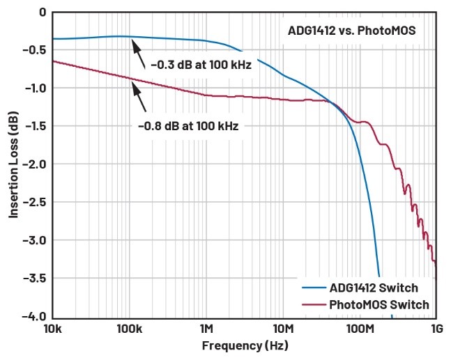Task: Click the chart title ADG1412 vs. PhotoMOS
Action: (351, 31)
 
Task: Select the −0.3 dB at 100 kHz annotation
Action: (200, 65)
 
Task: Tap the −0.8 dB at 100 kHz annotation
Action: (188, 126)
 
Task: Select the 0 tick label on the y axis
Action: (43, 12)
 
